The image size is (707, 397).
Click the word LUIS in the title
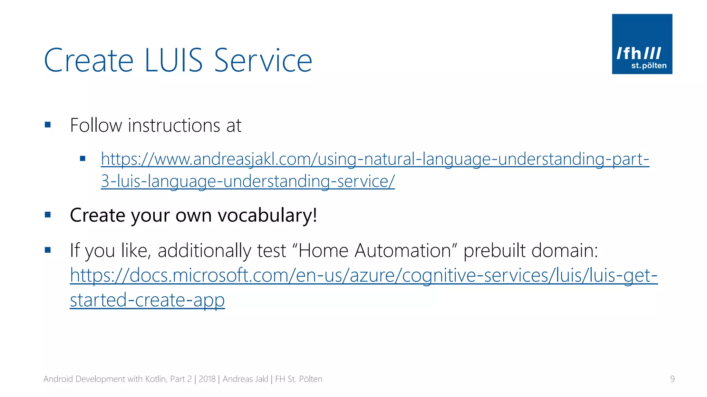point(174,61)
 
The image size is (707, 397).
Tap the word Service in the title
point(263,61)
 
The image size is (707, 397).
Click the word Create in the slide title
point(89,61)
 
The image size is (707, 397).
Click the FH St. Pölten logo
point(642,44)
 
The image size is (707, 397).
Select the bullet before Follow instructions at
point(48,125)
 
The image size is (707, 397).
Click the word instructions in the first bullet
point(174,125)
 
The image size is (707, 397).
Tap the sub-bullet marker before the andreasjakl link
point(83,159)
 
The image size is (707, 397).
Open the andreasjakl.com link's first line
point(375,159)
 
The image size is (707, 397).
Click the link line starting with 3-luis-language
point(248,181)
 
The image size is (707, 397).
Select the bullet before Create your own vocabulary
point(48,215)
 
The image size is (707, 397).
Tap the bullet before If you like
point(48,250)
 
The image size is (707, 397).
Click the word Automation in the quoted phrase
point(403,251)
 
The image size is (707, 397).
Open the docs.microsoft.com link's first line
point(364,275)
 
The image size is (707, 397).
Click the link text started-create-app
point(147,300)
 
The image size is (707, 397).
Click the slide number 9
point(672,379)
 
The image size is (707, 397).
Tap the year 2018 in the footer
point(207,379)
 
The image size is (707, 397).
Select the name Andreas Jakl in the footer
point(245,379)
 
